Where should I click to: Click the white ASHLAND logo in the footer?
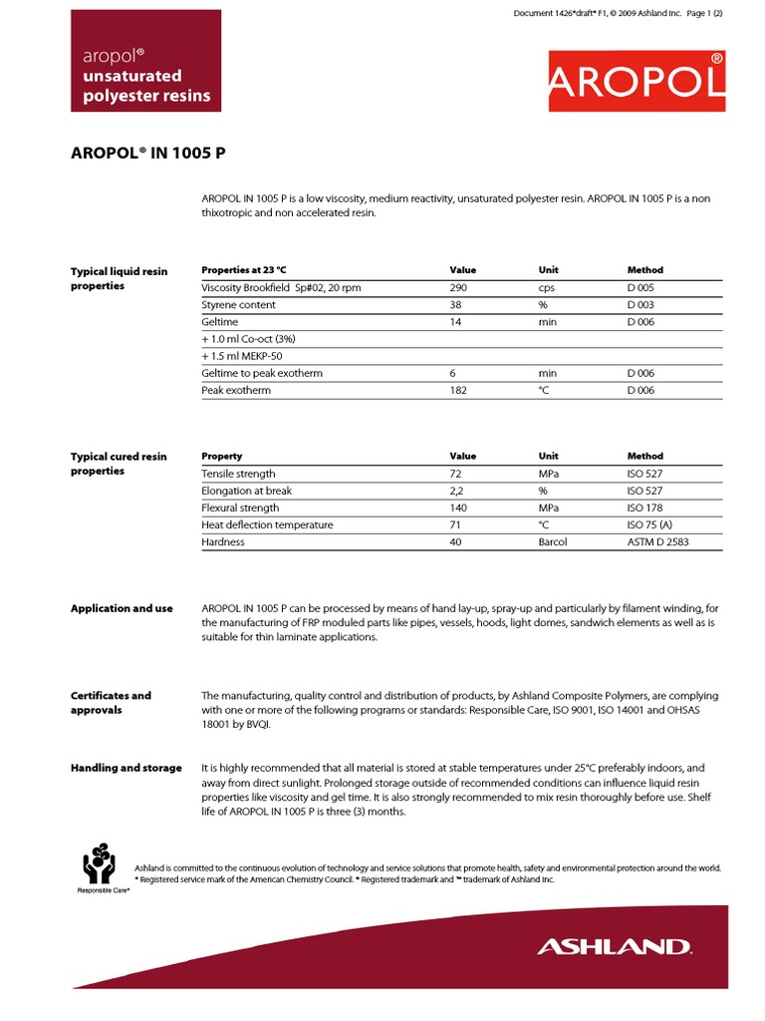pos(614,946)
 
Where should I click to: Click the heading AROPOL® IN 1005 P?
pos(153,155)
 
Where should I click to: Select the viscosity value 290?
pos(459,287)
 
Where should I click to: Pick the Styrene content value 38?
pos(456,304)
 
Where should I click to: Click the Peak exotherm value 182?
pos(458,390)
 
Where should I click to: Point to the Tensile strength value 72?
pos(456,474)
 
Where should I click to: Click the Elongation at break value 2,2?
pos(457,491)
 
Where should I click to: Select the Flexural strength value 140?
pos(459,508)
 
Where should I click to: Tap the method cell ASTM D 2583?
pos(657,541)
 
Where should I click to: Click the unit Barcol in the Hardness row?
pos(553,541)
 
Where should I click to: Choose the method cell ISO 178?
pos(644,508)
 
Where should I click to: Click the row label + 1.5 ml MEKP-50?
pos(242,356)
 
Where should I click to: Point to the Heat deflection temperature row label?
pos(267,524)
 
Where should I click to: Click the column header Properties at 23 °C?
pos(243,270)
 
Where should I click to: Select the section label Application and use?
pos(122,608)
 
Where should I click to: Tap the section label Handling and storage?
pos(126,768)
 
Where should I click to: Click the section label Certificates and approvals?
pos(111,703)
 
